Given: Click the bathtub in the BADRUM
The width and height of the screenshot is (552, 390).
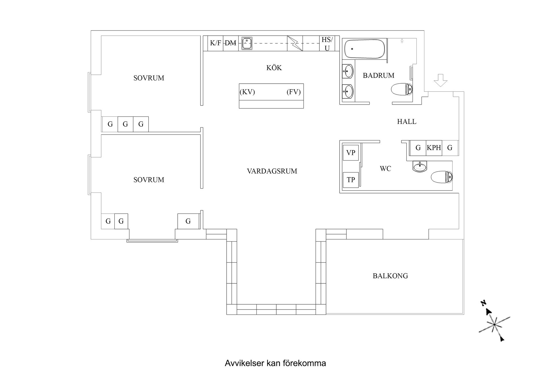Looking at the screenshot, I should point(365,49).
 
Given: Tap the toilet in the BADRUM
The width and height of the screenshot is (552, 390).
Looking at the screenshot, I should point(402,89).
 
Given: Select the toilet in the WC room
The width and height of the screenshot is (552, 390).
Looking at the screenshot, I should point(442,176).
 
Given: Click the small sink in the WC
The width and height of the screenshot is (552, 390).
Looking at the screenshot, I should point(420,166).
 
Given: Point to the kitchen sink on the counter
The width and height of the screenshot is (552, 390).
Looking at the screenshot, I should point(246,43).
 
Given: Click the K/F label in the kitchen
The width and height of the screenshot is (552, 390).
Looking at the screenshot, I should point(215,43).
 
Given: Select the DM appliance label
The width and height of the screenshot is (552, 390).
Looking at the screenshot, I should point(230,43).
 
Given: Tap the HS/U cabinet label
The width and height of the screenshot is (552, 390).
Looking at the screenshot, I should point(327,44).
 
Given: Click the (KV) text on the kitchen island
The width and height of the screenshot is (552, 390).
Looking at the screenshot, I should point(247,92).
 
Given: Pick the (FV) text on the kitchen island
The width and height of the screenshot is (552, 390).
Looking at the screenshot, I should point(294,92).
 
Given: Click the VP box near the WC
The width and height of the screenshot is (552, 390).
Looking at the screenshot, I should point(351,153).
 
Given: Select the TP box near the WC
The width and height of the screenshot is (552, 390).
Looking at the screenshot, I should point(351,180).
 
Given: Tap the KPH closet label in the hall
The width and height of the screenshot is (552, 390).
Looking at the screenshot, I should point(434,148).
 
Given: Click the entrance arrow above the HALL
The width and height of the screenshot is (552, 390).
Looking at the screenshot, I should point(440,80).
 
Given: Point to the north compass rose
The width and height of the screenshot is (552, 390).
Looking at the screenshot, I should point(494,324).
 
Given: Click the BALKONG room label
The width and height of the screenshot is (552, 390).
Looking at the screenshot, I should point(390,276).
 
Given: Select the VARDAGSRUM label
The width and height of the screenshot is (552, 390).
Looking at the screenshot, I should point(272,171).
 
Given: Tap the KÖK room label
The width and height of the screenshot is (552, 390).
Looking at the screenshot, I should point(274,68).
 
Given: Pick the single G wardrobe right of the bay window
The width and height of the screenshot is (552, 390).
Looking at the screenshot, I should point(188,221).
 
